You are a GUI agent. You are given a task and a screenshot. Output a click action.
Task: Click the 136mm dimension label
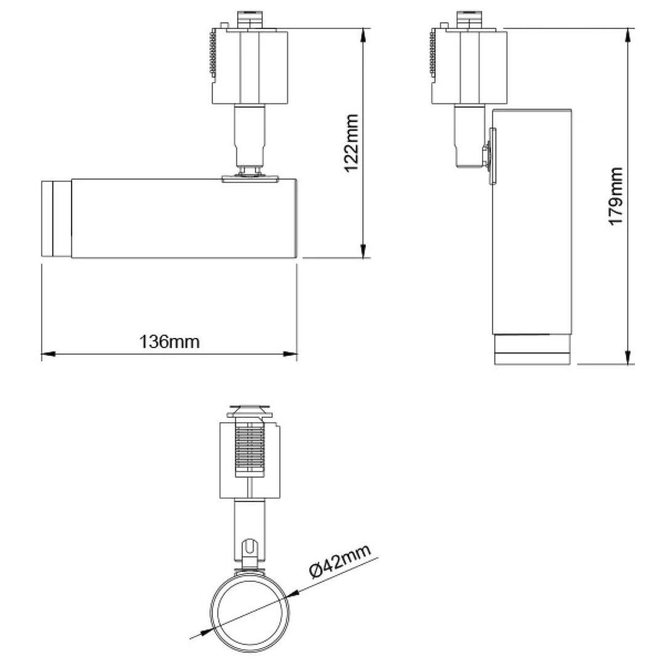coord(170,341)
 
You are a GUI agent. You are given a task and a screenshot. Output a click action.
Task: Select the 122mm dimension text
coord(352,143)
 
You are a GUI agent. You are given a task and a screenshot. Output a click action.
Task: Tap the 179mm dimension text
coord(615,196)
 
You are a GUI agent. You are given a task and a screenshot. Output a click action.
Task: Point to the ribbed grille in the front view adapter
coord(249,447)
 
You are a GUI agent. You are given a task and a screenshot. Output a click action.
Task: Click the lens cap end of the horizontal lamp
coord(56,219)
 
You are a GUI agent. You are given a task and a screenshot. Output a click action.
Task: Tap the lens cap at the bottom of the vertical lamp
coord(533,350)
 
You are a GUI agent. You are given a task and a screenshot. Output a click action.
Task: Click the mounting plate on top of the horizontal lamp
coord(251,179)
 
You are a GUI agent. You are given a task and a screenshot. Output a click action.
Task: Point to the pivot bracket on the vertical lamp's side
coord(491,156)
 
